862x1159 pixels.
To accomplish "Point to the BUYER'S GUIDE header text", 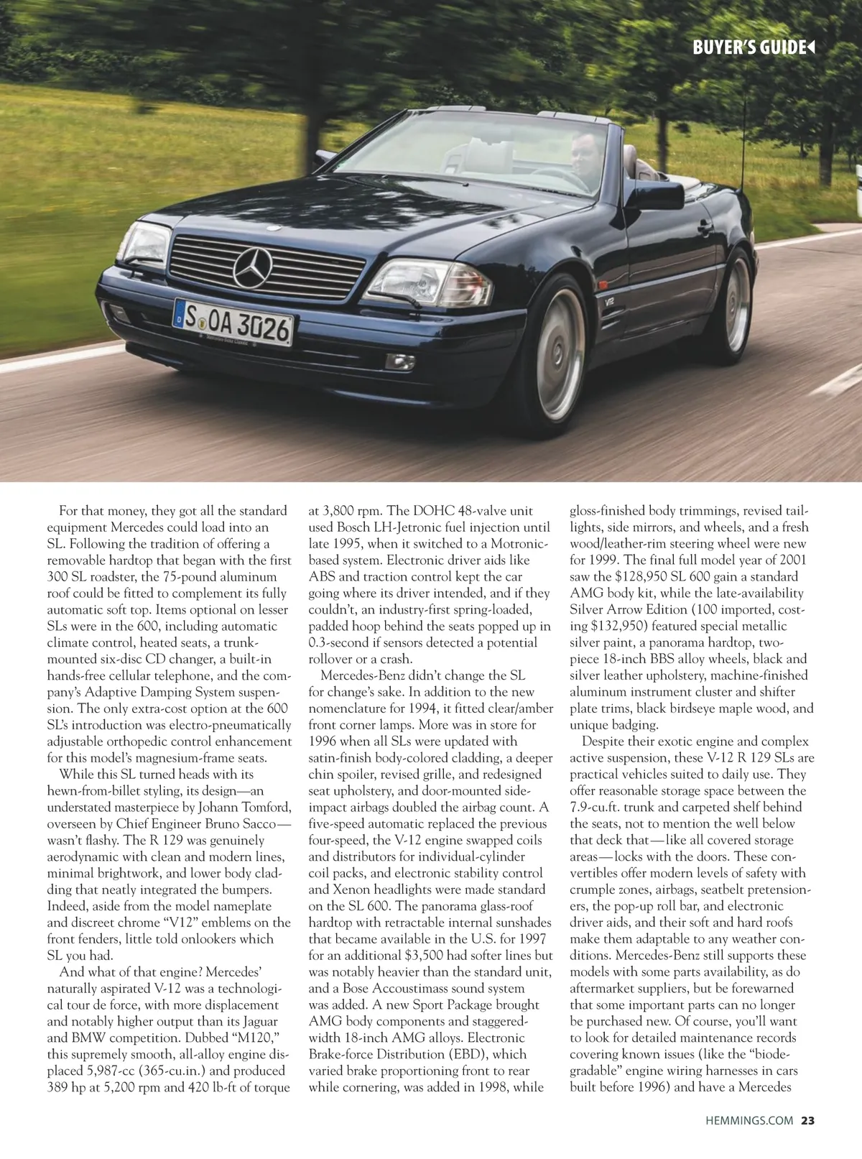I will coord(748,48).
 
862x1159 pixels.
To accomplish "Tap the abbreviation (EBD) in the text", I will coord(465,1054).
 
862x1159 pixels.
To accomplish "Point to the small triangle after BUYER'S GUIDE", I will coord(810,48).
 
